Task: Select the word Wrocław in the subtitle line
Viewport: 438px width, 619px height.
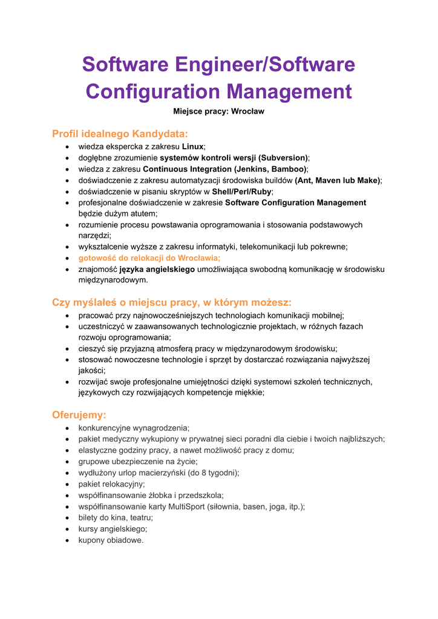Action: coord(248,112)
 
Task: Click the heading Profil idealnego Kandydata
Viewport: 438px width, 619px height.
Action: coord(120,134)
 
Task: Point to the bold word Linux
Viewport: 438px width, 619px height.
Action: coord(192,146)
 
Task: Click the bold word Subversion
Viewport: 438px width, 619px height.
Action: coord(283,158)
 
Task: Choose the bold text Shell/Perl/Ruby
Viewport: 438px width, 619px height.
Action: coord(241,191)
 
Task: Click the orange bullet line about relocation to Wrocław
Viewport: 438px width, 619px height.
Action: coord(149,258)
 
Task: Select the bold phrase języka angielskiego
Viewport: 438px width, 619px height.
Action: coord(157,270)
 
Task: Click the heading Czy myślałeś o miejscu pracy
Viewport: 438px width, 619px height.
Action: coord(172,302)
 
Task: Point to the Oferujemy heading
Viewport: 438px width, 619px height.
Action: coord(79,415)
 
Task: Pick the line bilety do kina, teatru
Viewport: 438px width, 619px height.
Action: coord(116,517)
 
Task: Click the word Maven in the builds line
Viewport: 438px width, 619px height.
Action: coord(330,180)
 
